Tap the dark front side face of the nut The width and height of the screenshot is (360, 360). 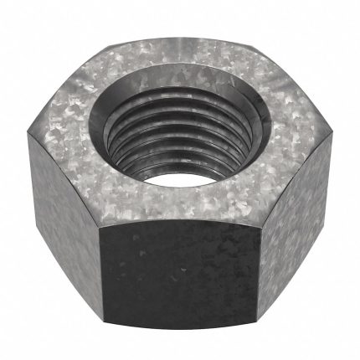[x=180, y=268]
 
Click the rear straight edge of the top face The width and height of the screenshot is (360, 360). [x=180, y=33]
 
